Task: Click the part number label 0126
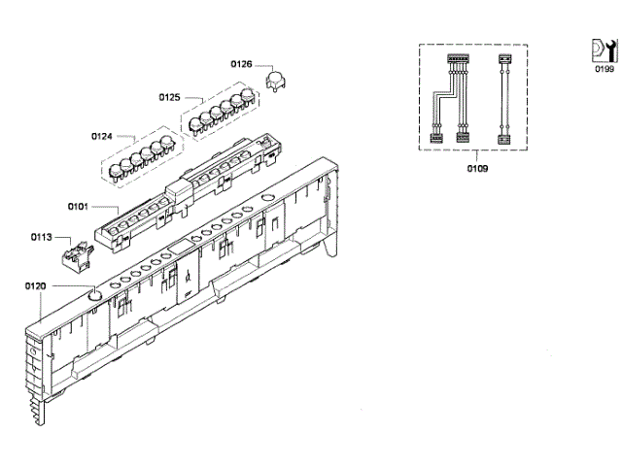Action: click(241, 64)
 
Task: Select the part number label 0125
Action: click(170, 97)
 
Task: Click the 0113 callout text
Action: click(42, 236)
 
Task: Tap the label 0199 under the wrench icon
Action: click(605, 70)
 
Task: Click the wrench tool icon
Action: click(604, 50)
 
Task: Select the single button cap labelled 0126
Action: click(275, 83)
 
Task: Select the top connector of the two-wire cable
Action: click(503, 60)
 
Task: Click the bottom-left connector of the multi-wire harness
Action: click(435, 139)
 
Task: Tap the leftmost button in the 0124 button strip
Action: click(116, 172)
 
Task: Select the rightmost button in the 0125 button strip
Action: click(248, 97)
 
